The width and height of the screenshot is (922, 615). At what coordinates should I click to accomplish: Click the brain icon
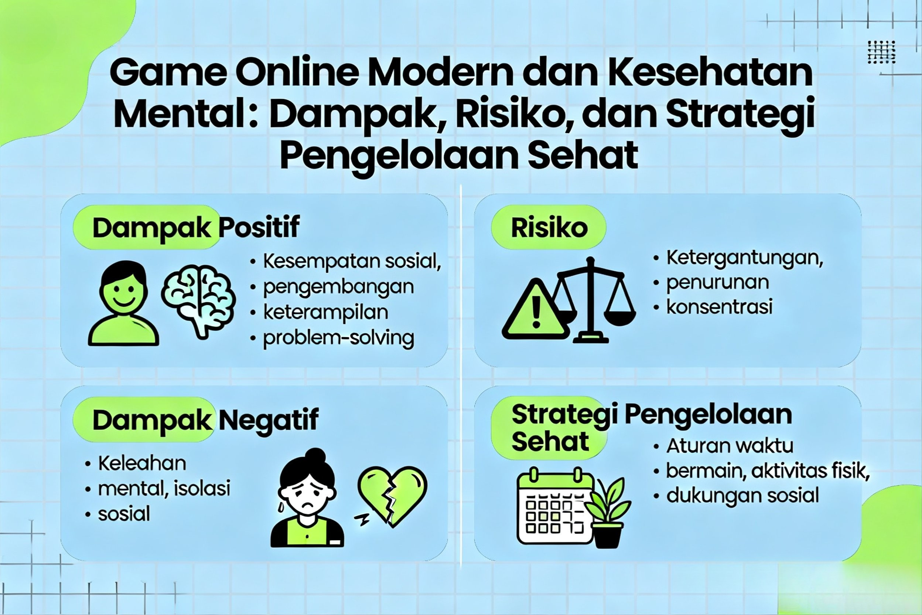(199, 300)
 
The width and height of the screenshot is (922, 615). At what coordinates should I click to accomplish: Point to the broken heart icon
(392, 495)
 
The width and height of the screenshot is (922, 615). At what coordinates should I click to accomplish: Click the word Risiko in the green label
(549, 228)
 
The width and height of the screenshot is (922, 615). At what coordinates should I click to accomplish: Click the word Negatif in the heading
(268, 420)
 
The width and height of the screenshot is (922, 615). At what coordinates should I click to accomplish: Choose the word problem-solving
(338, 338)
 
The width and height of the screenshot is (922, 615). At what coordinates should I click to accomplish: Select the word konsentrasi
(719, 307)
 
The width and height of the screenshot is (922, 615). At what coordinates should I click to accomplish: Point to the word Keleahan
(142, 463)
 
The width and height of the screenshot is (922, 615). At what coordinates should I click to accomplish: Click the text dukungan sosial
(742, 495)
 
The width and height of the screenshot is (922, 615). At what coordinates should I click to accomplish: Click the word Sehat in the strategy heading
(550, 442)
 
